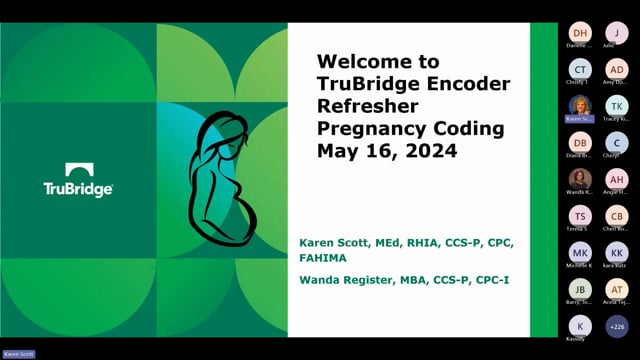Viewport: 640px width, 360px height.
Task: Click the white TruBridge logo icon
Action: click(x=79, y=171)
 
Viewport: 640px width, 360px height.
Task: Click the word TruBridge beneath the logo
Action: click(x=78, y=189)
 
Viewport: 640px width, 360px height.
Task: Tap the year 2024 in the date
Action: click(x=432, y=152)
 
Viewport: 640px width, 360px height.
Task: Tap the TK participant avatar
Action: click(x=617, y=106)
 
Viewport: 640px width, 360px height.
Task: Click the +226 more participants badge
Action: click(x=617, y=326)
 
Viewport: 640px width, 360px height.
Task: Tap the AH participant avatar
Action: click(x=617, y=179)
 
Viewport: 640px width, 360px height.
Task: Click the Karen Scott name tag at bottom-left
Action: click(x=18, y=354)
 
